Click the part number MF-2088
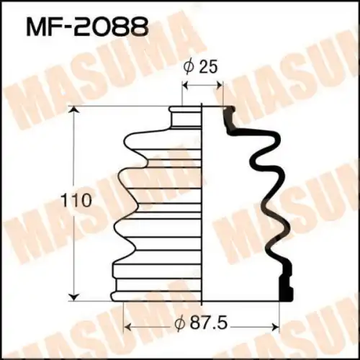point(86,27)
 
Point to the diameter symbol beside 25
point(189,67)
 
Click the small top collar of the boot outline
point(186,115)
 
